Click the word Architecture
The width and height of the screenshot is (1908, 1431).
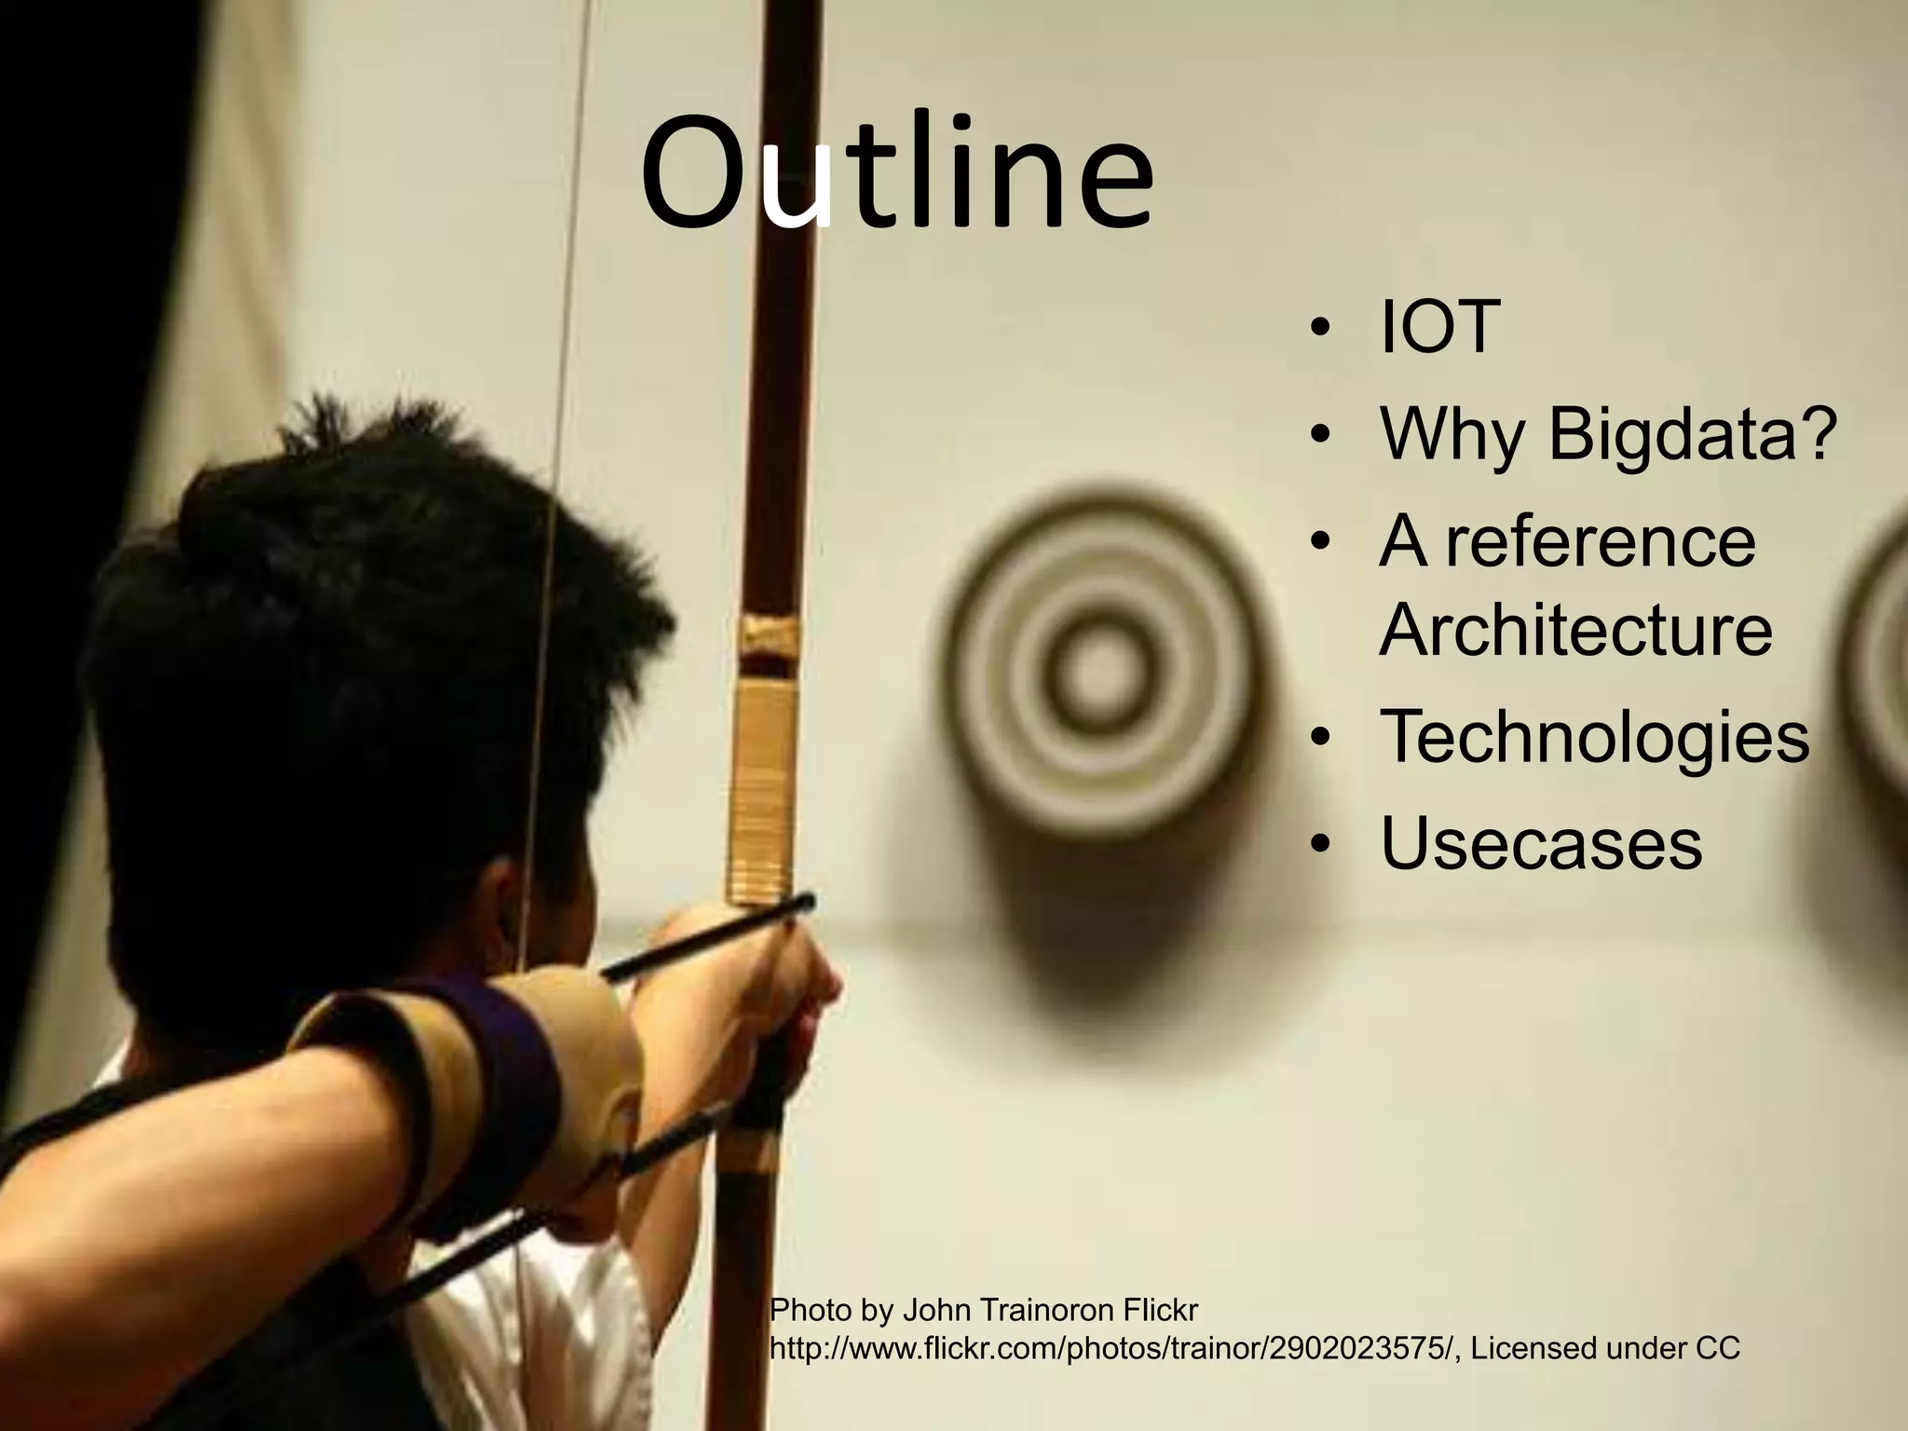coord(1575,630)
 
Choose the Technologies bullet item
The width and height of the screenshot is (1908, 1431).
coord(1594,736)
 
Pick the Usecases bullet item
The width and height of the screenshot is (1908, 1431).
coord(1541,843)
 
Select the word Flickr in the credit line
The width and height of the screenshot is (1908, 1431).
coord(1160,1311)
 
